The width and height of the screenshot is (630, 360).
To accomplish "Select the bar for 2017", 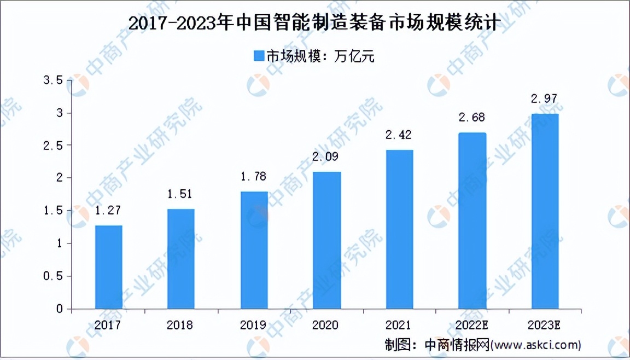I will point(108,267).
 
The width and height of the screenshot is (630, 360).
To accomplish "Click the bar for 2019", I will point(254,250).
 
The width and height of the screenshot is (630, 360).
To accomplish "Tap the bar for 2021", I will point(399,229).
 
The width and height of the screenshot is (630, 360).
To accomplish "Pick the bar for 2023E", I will point(545,211).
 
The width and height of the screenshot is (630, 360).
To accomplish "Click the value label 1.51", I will point(181,194).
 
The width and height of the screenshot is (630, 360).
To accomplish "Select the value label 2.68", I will point(471,118).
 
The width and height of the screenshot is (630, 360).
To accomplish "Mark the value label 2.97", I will point(544,99).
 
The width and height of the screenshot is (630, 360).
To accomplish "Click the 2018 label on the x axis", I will point(181,325).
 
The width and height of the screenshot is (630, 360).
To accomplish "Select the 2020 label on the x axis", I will point(326,325).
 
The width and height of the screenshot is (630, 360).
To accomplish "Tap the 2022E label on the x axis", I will point(472,325).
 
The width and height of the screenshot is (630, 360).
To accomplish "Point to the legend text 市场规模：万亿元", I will point(320,56).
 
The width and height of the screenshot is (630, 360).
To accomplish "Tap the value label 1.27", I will point(108,210).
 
